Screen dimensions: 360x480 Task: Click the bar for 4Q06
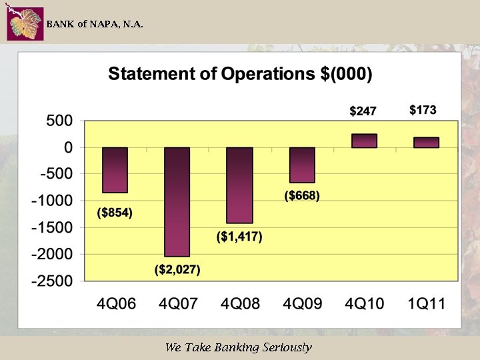[x=115, y=170]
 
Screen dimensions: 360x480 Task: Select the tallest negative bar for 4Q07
[x=177, y=201]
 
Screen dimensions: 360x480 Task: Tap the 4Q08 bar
[x=239, y=185]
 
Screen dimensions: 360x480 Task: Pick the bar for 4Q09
[x=302, y=165]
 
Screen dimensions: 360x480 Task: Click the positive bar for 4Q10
[x=364, y=141]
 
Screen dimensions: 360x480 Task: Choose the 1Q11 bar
[x=427, y=143]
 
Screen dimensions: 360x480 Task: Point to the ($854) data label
[x=115, y=213]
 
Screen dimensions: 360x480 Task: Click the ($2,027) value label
[x=177, y=270]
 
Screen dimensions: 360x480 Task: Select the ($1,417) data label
[x=239, y=237]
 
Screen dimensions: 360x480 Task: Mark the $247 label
[x=364, y=111]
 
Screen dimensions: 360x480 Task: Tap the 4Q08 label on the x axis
[x=240, y=304]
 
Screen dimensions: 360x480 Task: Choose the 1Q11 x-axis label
[x=427, y=304]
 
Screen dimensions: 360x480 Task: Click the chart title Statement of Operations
[x=240, y=74]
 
